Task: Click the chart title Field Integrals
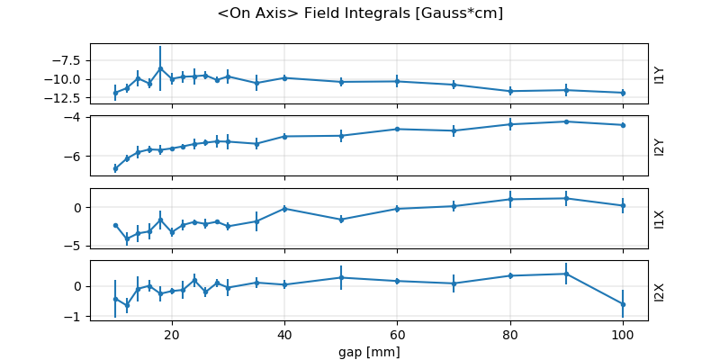[360, 13]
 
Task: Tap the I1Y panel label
[660, 74]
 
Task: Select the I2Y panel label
[660, 146]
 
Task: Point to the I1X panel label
[660, 219]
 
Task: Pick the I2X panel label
[660, 291]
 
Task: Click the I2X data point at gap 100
[623, 304]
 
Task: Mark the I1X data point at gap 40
[284, 209]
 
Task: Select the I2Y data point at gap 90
[566, 121]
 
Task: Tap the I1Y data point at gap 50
[341, 82]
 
